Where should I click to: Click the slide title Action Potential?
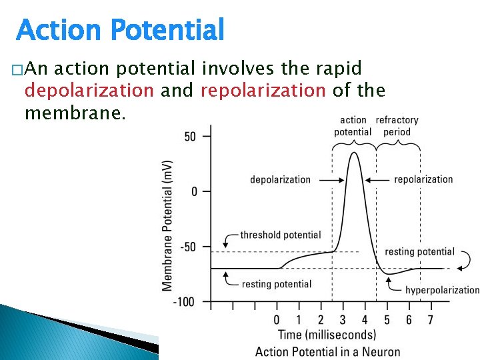(120, 30)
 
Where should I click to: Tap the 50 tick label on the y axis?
(190, 137)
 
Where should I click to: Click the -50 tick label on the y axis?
(188, 247)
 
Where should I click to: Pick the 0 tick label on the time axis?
(277, 321)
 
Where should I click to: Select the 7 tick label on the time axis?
(431, 321)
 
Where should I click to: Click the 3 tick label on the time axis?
(343, 321)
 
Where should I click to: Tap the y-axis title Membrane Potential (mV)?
(167, 225)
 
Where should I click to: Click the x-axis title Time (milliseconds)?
(326, 335)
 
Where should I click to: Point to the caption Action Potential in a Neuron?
(327, 352)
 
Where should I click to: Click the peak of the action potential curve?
(354, 153)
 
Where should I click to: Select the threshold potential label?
(280, 235)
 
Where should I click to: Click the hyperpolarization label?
(442, 290)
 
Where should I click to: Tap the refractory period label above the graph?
(397, 126)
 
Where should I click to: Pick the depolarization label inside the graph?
(280, 179)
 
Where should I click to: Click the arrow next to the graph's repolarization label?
(378, 179)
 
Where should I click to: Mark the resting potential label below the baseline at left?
(276, 284)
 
